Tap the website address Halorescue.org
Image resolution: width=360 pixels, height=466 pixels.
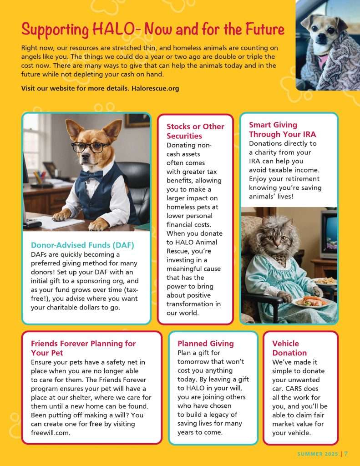155,88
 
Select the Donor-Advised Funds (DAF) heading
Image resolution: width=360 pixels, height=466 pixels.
82,245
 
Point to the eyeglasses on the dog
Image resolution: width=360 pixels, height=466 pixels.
91,147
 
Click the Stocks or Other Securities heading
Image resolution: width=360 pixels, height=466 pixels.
195,131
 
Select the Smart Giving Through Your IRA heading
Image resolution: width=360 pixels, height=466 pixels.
282,129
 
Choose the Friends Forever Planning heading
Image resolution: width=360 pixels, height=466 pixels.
83,348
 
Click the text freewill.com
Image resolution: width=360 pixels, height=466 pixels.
50,433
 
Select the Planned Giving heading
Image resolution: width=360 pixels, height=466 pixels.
206,344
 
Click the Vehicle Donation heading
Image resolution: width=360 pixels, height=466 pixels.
289,348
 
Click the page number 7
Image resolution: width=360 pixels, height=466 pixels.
346,454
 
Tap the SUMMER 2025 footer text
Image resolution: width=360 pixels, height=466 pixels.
317,454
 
